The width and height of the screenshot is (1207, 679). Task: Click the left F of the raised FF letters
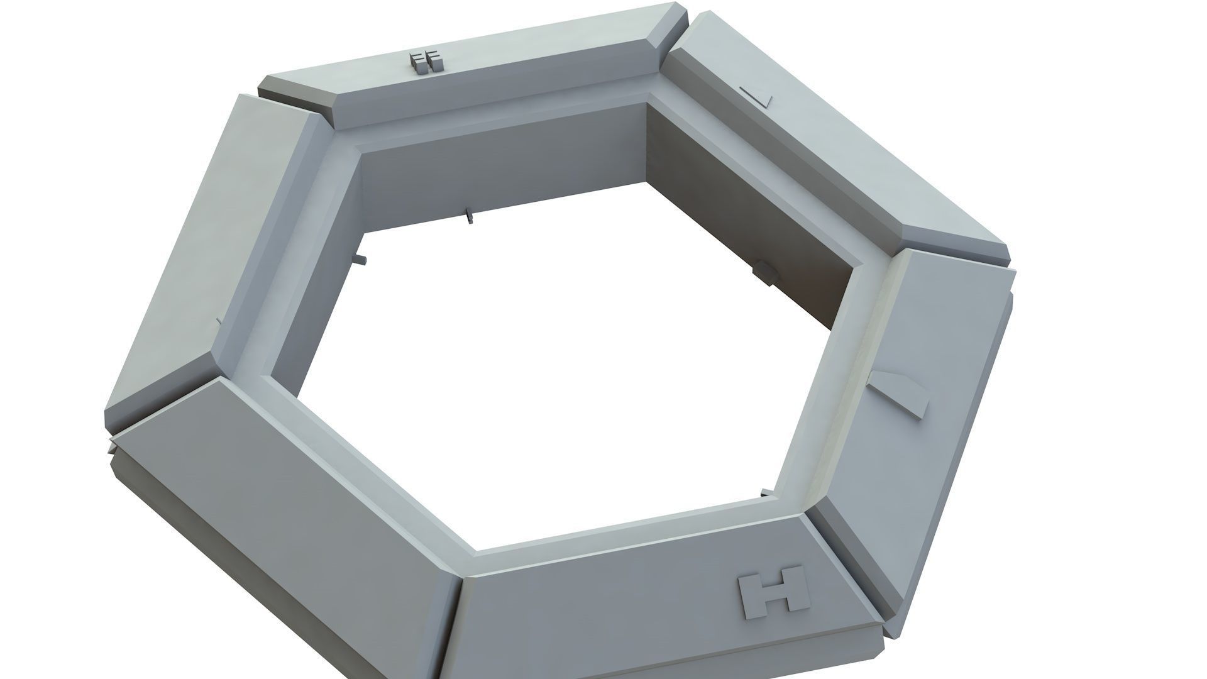417,62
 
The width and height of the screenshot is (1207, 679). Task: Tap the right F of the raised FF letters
434,62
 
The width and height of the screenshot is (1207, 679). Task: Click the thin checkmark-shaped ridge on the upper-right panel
757,96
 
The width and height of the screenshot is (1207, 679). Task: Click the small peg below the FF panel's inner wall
469,217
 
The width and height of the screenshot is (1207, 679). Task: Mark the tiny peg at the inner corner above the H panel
764,492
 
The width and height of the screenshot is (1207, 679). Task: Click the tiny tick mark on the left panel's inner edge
218,321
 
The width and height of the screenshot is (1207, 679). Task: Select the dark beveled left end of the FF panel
295,94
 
